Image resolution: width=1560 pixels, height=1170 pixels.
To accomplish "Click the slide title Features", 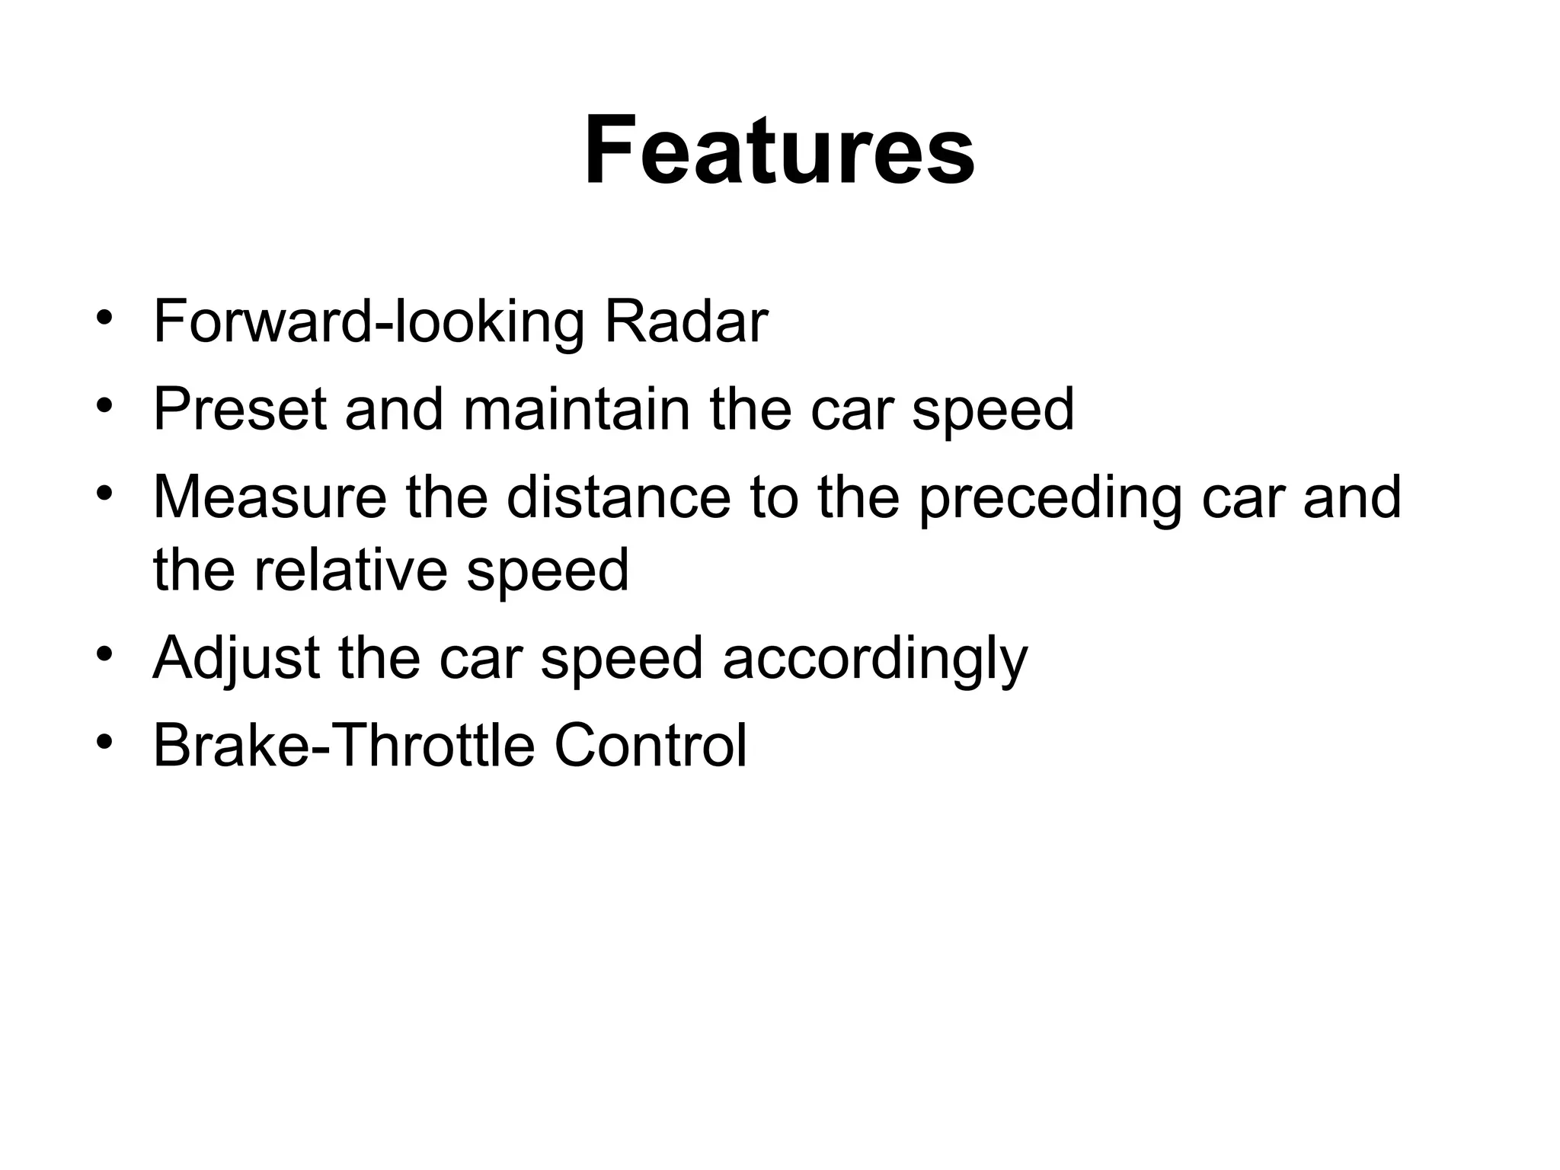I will pyautogui.click(x=778, y=150).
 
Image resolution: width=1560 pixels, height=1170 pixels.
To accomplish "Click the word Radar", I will pyautogui.click(x=686, y=322).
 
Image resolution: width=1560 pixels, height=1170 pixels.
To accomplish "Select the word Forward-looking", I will pyautogui.click(x=369, y=322).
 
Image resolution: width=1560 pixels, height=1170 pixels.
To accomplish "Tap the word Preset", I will pyautogui.click(x=240, y=410).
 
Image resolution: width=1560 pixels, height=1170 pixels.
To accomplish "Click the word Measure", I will pyautogui.click(x=270, y=497).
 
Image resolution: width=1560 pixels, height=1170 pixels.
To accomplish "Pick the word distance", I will pyautogui.click(x=618, y=497).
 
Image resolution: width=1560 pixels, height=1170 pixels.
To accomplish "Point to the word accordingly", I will pyautogui.click(x=874, y=658).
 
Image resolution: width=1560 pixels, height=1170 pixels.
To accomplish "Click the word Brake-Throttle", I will pyautogui.click(x=344, y=746).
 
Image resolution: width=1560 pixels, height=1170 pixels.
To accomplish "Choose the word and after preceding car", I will pyautogui.click(x=1351, y=497).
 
